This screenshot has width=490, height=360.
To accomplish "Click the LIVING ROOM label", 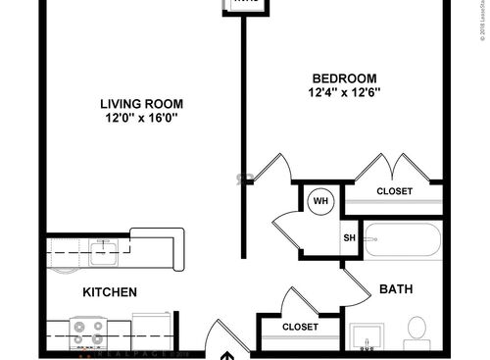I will [144, 104].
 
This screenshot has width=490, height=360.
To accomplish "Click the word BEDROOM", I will [343, 78].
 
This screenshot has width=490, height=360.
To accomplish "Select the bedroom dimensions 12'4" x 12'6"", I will [343, 93].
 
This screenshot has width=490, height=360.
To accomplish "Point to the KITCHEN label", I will [109, 292].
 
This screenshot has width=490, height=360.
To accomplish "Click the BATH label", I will [395, 289].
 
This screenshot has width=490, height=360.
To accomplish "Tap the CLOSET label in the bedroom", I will [395, 191].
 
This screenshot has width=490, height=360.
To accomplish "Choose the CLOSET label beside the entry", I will [300, 327].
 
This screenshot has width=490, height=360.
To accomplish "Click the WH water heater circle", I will [319, 202].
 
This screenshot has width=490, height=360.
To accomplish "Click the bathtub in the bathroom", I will [403, 239].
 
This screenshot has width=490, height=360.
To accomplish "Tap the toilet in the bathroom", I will [417, 331].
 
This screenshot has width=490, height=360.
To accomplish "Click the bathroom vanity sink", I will [365, 334].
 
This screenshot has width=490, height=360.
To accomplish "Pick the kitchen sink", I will [103, 254].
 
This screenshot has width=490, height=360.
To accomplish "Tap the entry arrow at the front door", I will [226, 354].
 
